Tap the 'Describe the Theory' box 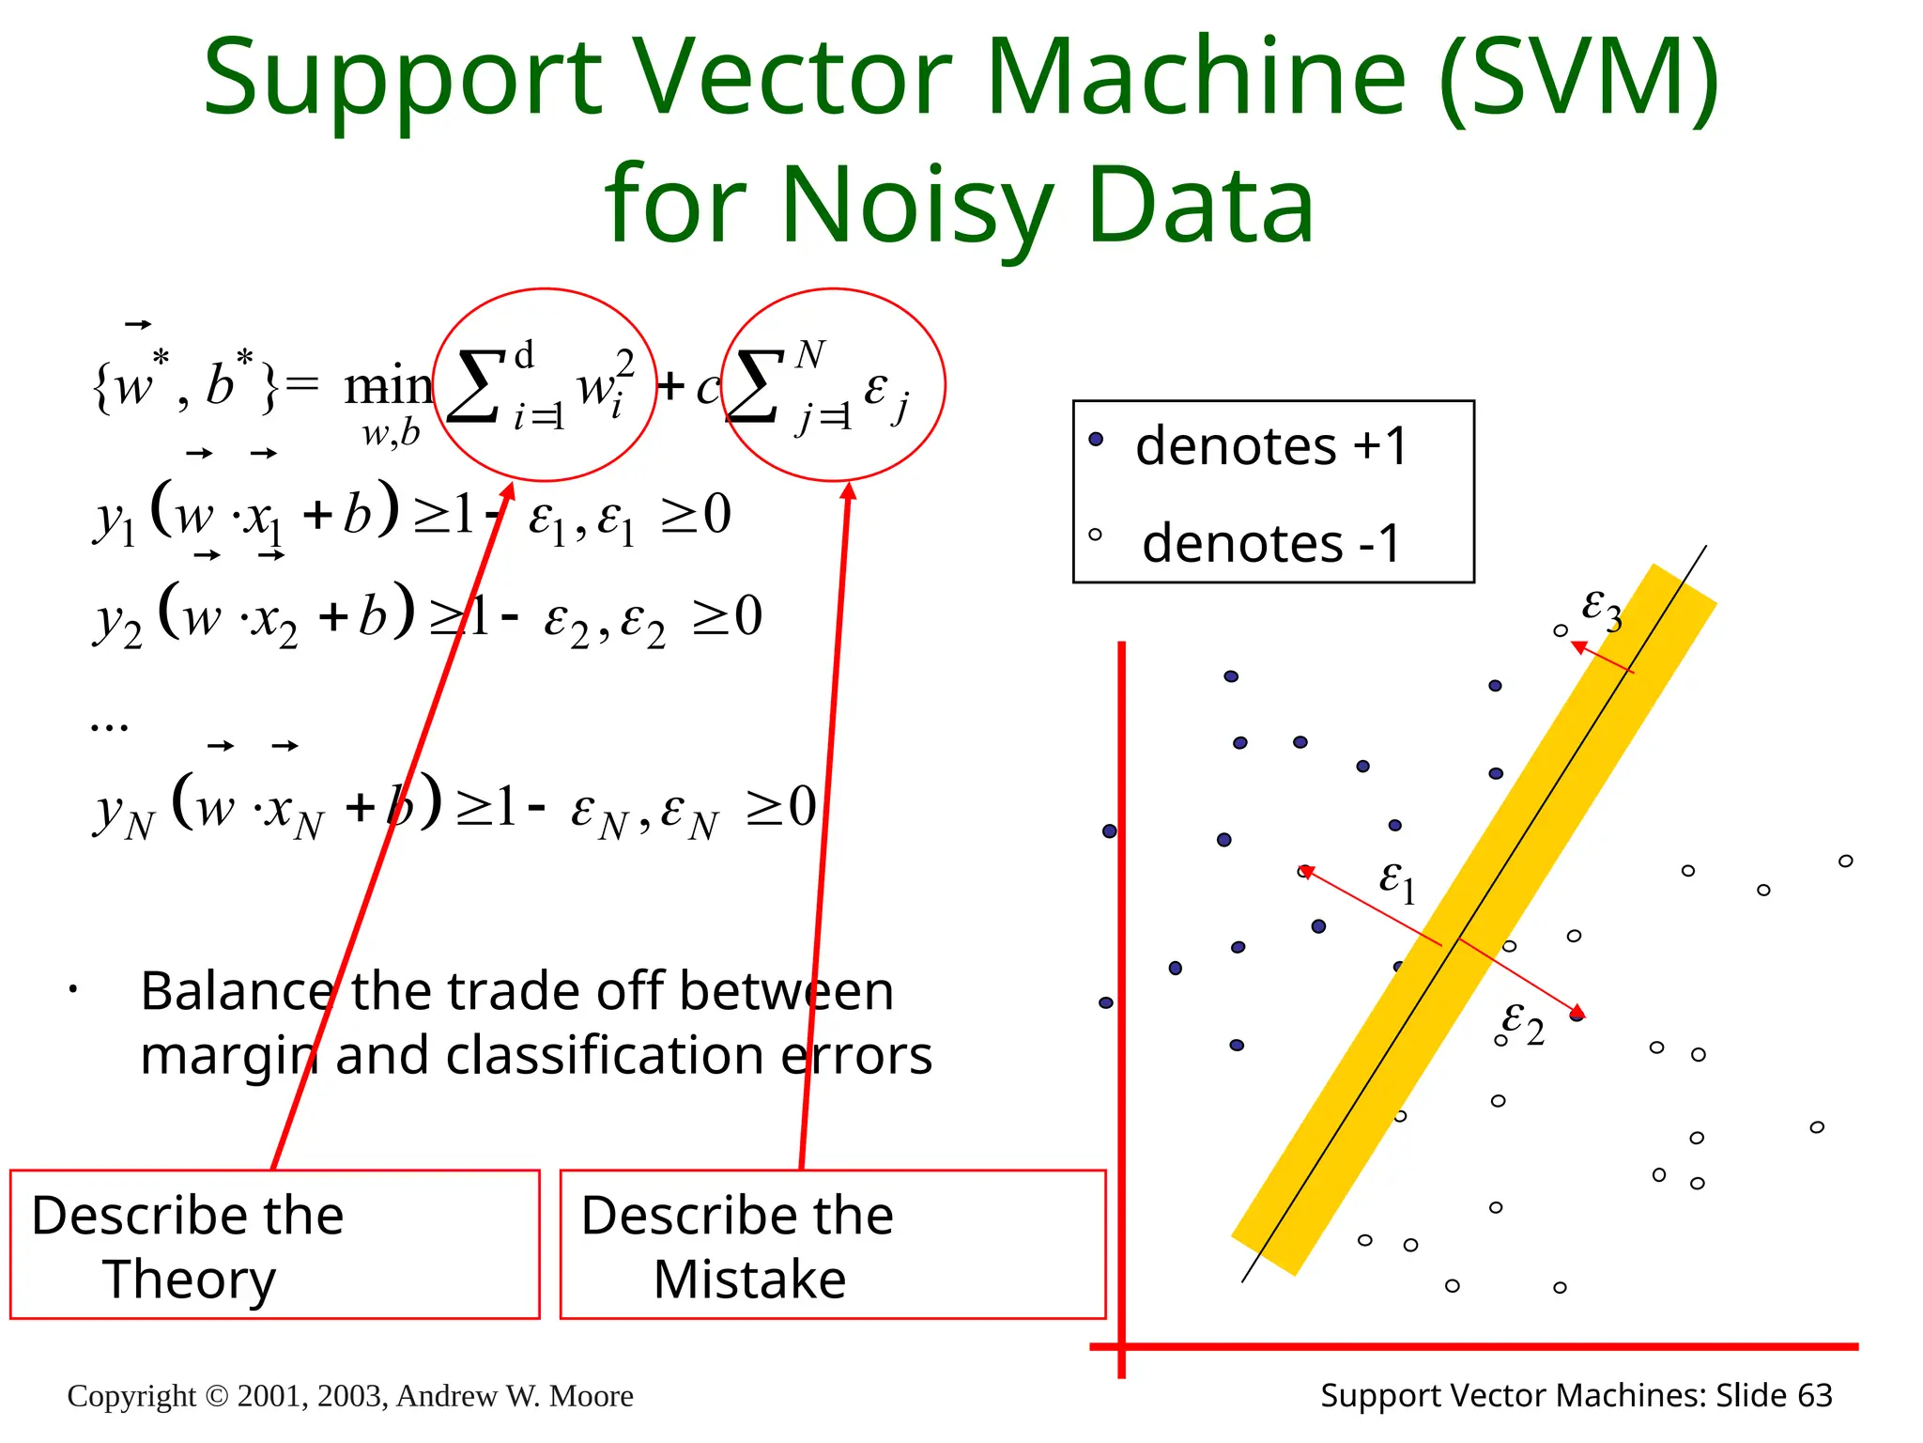[274, 1244]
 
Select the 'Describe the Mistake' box [832, 1244]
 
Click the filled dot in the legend [1096, 439]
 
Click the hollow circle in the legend [1095, 535]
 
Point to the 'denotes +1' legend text [1271, 445]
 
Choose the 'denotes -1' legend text [1271, 543]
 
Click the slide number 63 [1814, 1396]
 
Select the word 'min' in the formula [388, 386]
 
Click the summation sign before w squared [474, 386]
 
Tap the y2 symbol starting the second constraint [118, 621]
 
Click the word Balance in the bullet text [237, 991]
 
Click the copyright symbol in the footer [217, 1396]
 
